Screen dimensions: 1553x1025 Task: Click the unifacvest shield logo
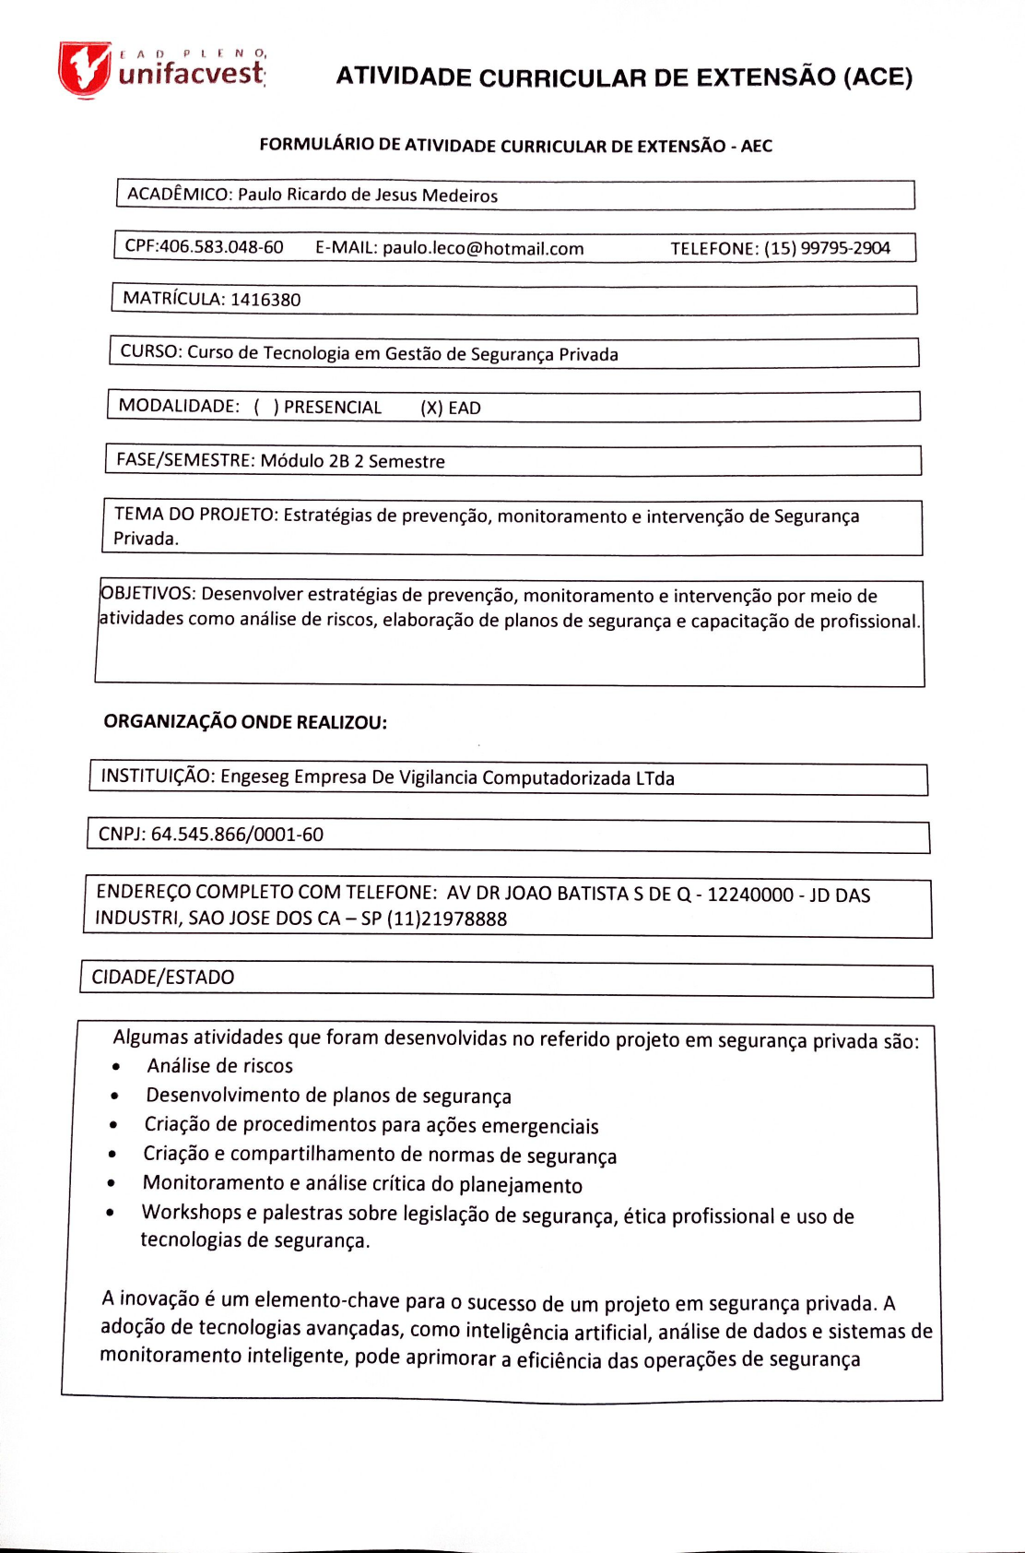[x=84, y=68]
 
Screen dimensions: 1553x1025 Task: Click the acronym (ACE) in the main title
[x=878, y=77]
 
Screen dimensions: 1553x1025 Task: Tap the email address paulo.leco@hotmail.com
[x=483, y=248]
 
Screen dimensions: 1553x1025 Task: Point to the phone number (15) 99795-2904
[x=827, y=248]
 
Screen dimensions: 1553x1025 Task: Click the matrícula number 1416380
[x=265, y=300]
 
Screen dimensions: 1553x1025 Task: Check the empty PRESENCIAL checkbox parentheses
[x=265, y=408]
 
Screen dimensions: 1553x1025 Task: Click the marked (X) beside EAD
[x=431, y=409]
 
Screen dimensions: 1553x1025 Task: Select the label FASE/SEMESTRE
[x=184, y=460]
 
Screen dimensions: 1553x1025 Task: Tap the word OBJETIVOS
[x=147, y=595]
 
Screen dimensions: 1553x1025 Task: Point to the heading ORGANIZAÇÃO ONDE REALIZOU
[x=245, y=722]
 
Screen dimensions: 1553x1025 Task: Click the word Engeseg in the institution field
[x=254, y=776]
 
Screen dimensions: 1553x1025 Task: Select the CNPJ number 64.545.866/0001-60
[x=237, y=835]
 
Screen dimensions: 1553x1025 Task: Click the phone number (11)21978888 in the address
[x=447, y=919]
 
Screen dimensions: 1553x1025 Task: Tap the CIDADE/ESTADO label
[x=163, y=978]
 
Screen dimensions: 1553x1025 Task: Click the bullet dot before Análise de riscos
[x=115, y=1068]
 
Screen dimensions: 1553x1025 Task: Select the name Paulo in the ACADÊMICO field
[x=260, y=195]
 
